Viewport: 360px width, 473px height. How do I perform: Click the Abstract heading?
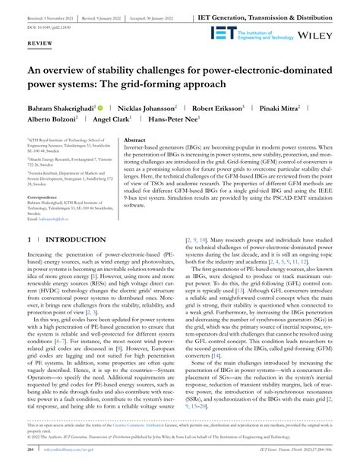(x=134, y=140)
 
